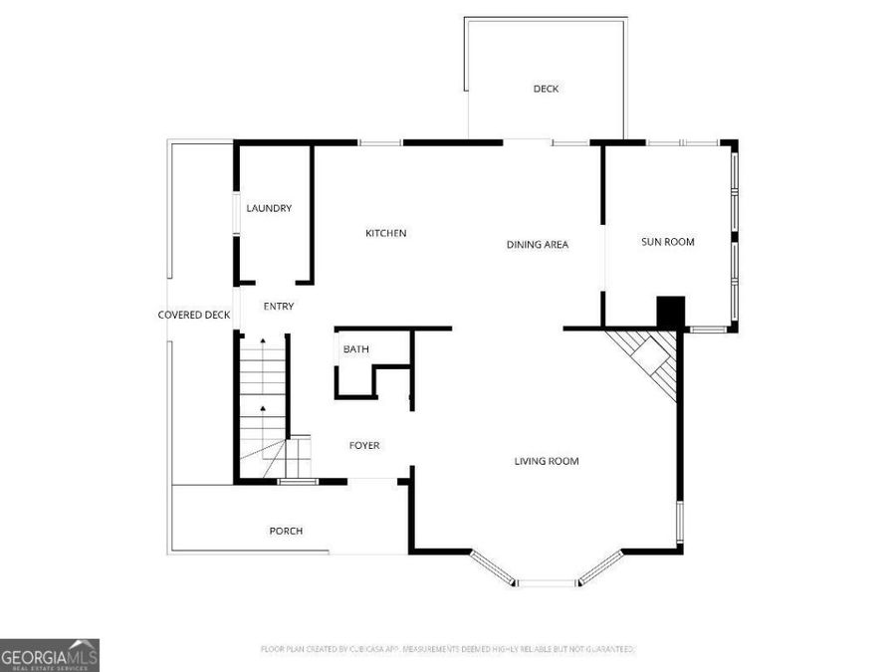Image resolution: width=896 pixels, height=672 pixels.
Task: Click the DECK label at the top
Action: coord(546,89)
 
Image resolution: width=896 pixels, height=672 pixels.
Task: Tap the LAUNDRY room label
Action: coord(269,208)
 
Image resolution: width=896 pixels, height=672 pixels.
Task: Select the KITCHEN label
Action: coord(385,233)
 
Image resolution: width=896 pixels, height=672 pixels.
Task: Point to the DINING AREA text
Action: coord(537,244)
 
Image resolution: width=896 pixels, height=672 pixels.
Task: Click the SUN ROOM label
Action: coord(667,242)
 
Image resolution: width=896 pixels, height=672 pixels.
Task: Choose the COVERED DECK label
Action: coord(194,315)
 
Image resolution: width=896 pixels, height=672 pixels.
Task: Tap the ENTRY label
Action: coord(278,307)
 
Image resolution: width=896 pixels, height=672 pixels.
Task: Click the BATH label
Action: coord(355,349)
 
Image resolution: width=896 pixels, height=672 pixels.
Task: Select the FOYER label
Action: coord(363,445)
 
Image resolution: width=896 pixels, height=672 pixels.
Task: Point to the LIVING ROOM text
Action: coord(546,461)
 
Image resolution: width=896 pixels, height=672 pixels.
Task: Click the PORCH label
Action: coord(286,531)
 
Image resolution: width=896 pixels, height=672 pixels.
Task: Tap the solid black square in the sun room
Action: coord(671,313)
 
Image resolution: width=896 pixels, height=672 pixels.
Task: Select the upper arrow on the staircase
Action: coord(263,342)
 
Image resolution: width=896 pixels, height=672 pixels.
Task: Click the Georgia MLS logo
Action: coord(49,655)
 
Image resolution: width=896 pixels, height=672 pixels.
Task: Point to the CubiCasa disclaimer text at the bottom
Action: coord(447,649)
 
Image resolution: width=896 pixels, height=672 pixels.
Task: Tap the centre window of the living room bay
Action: coord(546,581)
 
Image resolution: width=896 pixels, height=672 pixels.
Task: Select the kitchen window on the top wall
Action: coord(380,143)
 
